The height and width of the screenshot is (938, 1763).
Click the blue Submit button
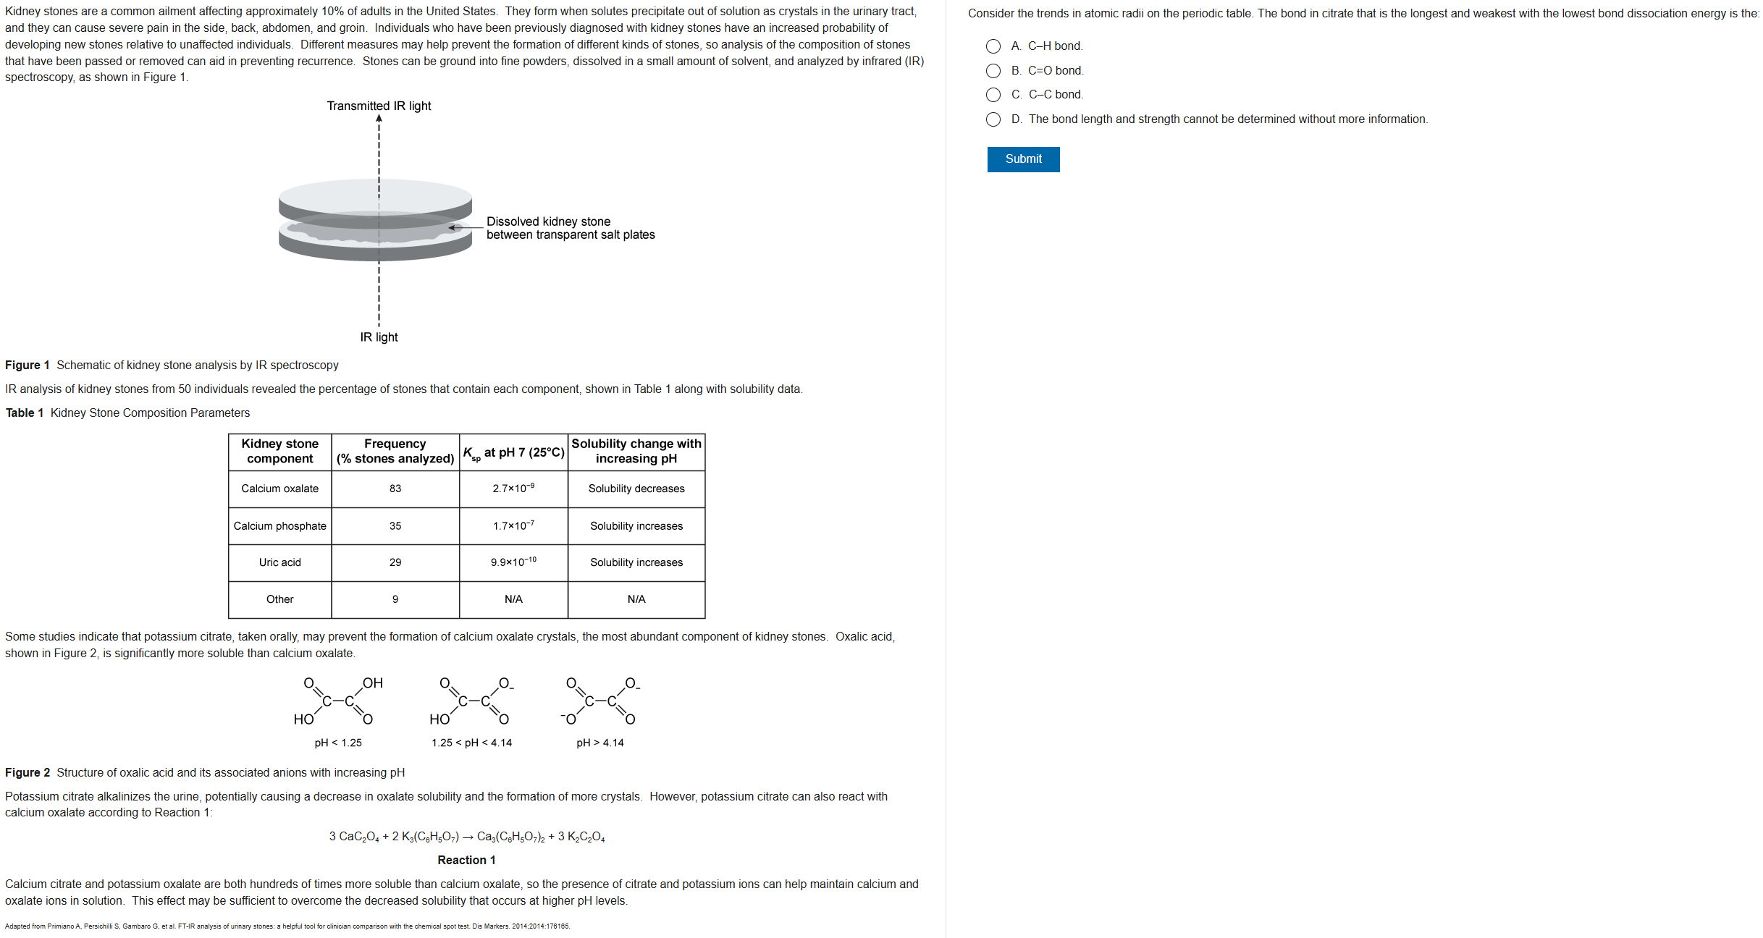click(x=1022, y=159)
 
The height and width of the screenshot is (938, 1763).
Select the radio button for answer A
click(x=993, y=46)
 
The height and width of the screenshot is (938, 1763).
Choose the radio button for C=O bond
click(x=993, y=71)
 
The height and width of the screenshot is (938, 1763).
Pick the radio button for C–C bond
click(x=993, y=95)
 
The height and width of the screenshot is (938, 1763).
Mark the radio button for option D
click(x=993, y=119)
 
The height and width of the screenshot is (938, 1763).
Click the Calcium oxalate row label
click(x=279, y=489)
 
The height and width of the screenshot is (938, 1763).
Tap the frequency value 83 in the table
click(x=395, y=489)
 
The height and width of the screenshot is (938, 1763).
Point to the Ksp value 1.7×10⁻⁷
click(x=513, y=525)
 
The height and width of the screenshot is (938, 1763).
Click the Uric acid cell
click(x=279, y=562)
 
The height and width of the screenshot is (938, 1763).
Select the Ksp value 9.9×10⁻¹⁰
click(x=513, y=562)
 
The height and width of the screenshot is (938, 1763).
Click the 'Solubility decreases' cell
click(x=636, y=489)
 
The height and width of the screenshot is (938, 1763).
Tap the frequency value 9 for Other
click(x=395, y=599)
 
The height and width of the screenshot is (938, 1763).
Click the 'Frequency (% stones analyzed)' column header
click(x=395, y=451)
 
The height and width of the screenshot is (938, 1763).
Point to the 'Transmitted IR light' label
click(x=379, y=106)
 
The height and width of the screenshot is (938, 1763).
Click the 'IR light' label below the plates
click(x=379, y=337)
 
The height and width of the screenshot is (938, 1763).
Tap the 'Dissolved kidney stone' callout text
click(x=548, y=221)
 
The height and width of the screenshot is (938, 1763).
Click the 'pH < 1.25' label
click(x=338, y=743)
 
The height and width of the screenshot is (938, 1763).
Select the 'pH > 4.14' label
click(x=599, y=743)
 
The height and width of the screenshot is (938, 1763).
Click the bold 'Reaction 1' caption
click(x=466, y=860)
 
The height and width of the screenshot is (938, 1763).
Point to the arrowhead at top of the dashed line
click(x=379, y=119)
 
